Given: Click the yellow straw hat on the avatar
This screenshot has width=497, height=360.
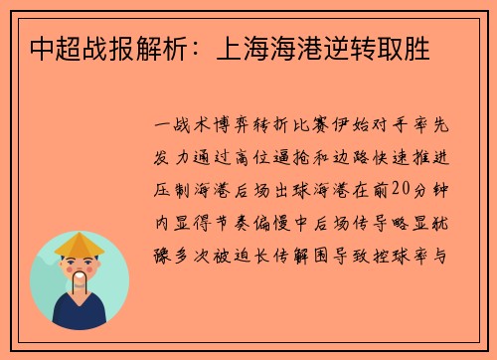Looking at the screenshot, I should tap(79, 246).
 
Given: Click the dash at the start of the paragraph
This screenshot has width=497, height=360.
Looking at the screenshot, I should tap(162, 130).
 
